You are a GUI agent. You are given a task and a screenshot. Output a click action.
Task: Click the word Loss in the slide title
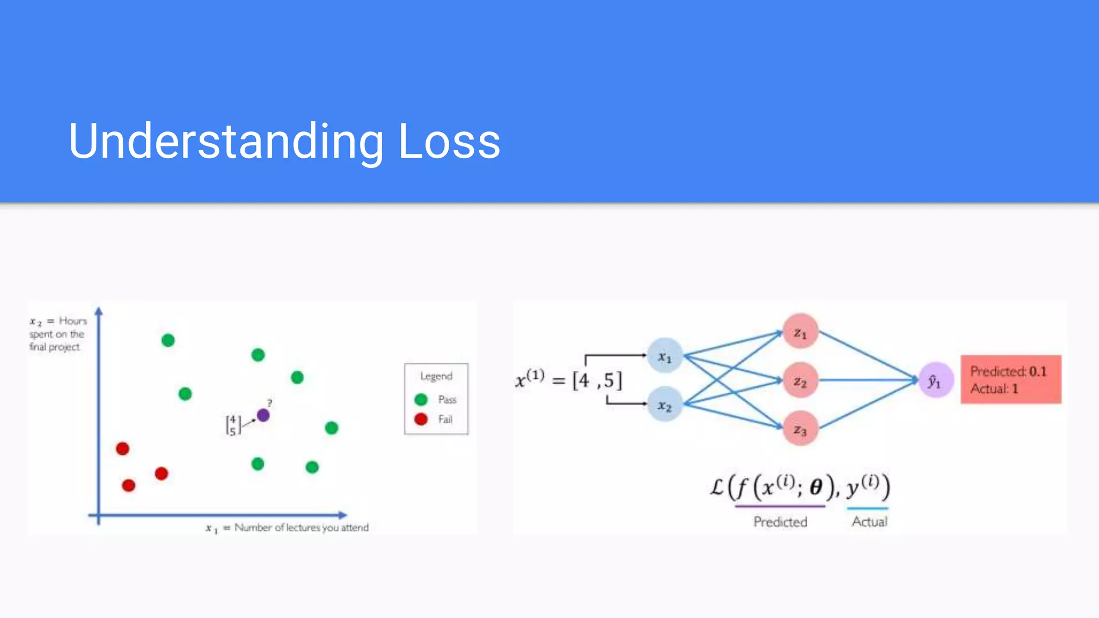coord(449,141)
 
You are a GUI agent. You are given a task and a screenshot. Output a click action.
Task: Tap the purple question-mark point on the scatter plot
coord(263,415)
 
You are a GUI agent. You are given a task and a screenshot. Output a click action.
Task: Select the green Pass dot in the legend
coord(421,400)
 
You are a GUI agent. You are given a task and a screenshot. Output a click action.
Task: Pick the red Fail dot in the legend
coord(421,419)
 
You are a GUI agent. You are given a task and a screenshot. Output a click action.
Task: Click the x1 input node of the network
coord(665,356)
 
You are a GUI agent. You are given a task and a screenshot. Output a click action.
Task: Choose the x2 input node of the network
coord(665,405)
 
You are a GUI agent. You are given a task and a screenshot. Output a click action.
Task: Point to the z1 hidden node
coord(800,332)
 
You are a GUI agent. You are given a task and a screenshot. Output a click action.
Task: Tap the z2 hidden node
coord(800,381)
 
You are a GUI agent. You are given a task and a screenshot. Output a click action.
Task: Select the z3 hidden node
coord(800,429)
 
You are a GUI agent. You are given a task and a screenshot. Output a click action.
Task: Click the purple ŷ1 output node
coord(935,380)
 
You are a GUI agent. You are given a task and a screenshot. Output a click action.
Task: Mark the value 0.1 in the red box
coord(1038,371)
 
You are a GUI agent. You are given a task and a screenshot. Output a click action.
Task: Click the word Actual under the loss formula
coord(869,521)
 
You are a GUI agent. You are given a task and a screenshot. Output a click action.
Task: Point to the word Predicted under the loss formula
coord(780,521)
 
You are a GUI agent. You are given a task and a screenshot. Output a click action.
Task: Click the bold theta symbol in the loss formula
coord(816,487)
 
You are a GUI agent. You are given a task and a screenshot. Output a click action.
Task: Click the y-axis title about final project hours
coord(57,334)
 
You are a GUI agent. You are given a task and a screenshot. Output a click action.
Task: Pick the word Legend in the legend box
coord(436,376)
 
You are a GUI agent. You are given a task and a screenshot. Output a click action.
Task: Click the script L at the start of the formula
coord(717,487)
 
